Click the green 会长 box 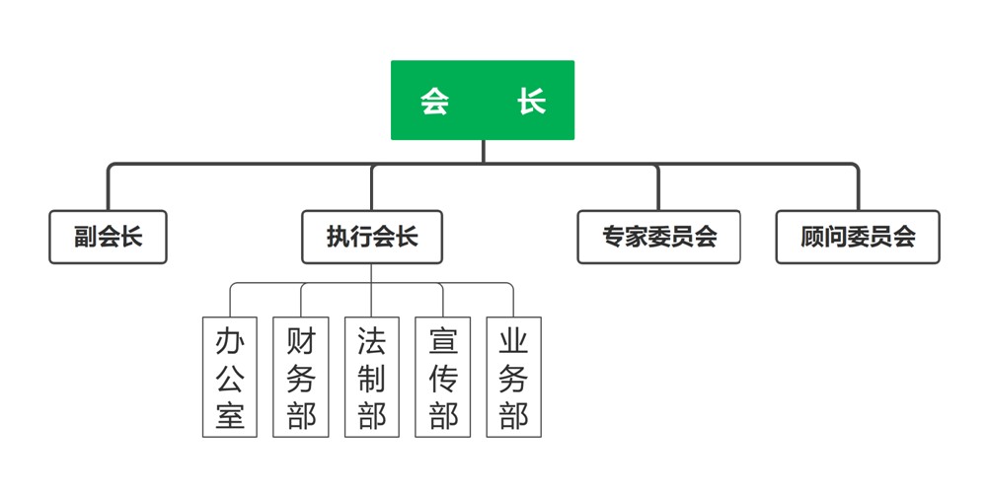pos(483,101)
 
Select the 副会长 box pos(109,237)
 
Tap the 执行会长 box pos(372,237)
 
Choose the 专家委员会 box pos(659,237)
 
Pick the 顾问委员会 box pos(858,237)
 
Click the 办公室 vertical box pos(230,377)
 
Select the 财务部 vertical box pos(301,377)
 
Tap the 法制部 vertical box pos(372,377)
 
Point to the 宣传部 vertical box pos(443,377)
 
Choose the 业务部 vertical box pos(514,377)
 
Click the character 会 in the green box pos(434,101)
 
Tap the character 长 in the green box pos(532,101)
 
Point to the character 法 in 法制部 pos(372,341)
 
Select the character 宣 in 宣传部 pos(443,341)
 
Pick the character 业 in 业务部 pos(514,341)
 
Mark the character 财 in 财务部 pos(301,341)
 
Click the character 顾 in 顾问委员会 pos(812,237)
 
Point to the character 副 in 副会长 pos(85,237)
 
